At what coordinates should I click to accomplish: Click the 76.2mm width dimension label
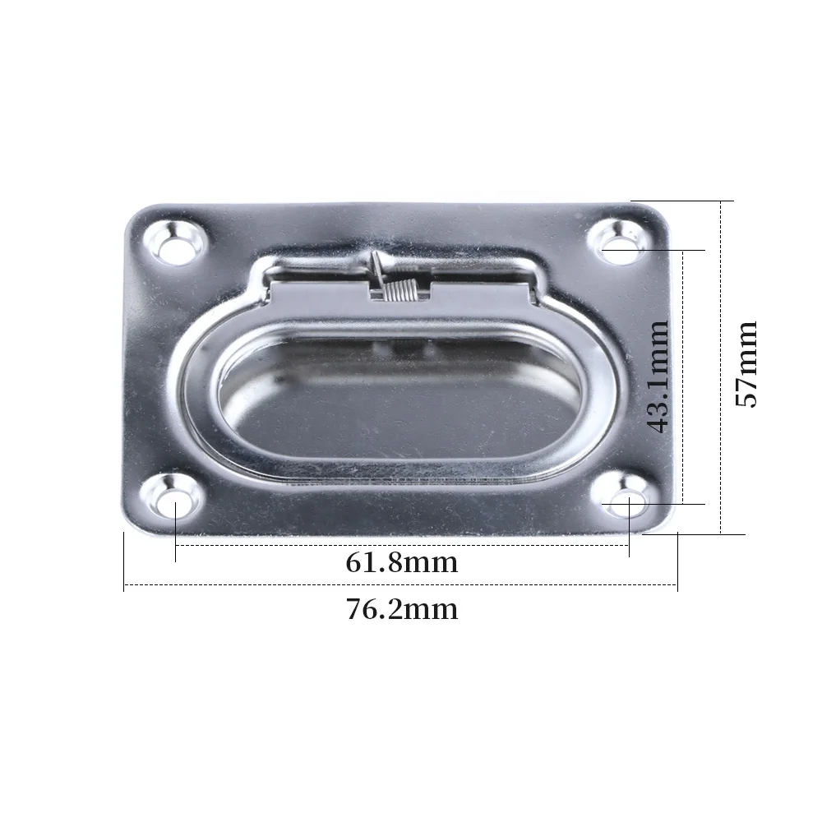tap(401, 610)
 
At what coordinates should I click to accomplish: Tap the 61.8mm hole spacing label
tap(401, 563)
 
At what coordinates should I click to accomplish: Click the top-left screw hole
tap(176, 244)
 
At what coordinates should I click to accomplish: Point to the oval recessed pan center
tap(401, 399)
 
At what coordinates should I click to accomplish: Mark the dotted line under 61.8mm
tap(401, 544)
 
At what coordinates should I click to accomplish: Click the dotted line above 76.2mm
tap(401, 584)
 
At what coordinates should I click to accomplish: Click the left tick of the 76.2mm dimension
tap(124, 562)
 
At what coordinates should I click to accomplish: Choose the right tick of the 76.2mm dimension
tap(677, 562)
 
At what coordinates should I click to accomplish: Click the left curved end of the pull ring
tap(197, 399)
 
